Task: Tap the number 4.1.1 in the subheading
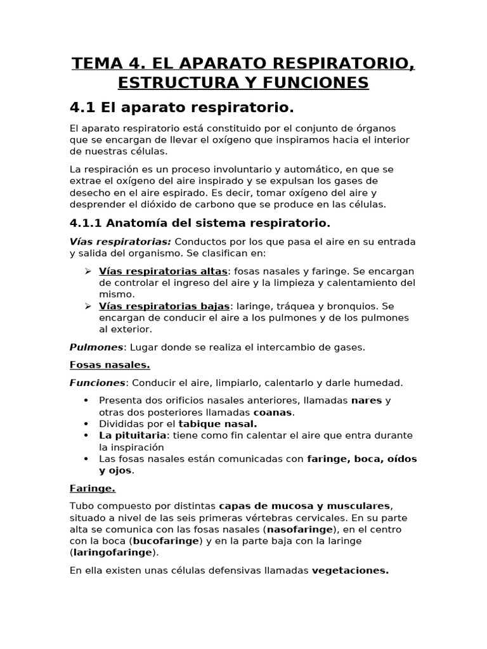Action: point(86,223)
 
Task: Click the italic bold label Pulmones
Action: point(96,347)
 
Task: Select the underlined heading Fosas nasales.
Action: point(110,365)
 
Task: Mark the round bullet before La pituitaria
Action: point(86,435)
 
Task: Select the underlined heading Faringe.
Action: point(93,489)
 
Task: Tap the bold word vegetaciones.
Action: point(350,570)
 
